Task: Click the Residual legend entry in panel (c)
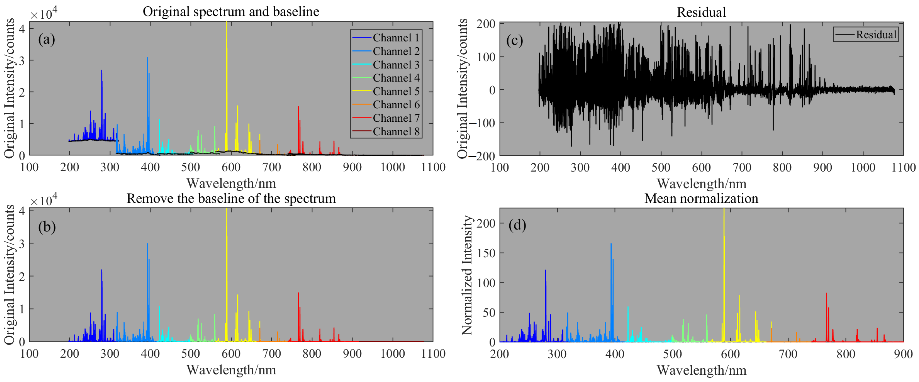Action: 876,35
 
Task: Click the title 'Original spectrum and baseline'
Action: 231,11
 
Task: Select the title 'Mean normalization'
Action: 701,198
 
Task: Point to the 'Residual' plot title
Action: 701,12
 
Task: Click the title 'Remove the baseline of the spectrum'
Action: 231,198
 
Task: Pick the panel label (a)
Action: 47,39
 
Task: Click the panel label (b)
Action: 47,227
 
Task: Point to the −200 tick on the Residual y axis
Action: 482,156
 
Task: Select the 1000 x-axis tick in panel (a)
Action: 392,167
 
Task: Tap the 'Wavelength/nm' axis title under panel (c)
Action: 701,184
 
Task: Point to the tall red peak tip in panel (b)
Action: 299,293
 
